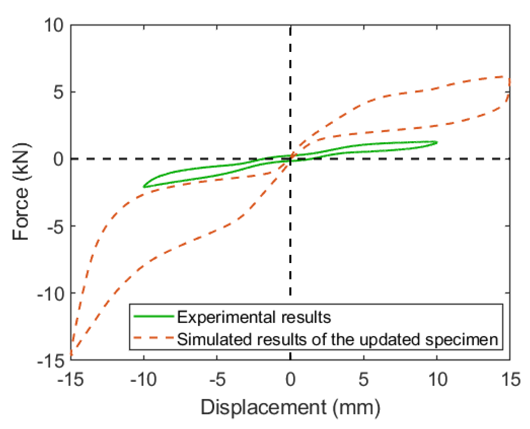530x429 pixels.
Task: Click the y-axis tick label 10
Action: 54,25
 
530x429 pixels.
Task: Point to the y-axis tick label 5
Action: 59,92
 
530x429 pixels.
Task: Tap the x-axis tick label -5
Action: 217,380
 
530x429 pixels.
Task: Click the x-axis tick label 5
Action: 363,380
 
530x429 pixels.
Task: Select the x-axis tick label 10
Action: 437,380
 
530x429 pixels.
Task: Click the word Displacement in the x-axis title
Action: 263,408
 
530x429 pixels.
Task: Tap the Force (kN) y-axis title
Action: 21,192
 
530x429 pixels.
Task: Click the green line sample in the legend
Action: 154,317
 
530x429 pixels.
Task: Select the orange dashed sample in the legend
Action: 154,338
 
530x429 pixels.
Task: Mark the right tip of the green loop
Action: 437,142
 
